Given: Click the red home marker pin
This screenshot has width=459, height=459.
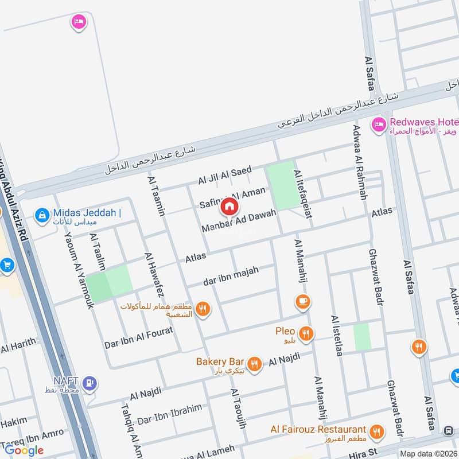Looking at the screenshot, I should (x=229, y=207).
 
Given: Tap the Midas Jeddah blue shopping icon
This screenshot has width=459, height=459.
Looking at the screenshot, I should (x=41, y=216).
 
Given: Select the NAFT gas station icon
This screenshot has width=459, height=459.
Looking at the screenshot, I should (x=90, y=382).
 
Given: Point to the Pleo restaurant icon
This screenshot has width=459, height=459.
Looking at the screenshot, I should (x=307, y=333).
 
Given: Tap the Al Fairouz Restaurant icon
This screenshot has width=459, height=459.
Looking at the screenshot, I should (x=376, y=431).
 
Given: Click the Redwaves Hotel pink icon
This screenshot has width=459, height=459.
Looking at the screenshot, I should (x=378, y=125).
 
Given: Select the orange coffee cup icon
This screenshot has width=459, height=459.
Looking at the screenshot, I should (x=302, y=301).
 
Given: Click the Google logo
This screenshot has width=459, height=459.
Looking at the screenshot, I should (x=25, y=450).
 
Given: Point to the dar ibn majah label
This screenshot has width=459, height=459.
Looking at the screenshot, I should (x=231, y=276).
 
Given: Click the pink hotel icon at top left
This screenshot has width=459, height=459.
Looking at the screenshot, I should (x=79, y=22).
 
